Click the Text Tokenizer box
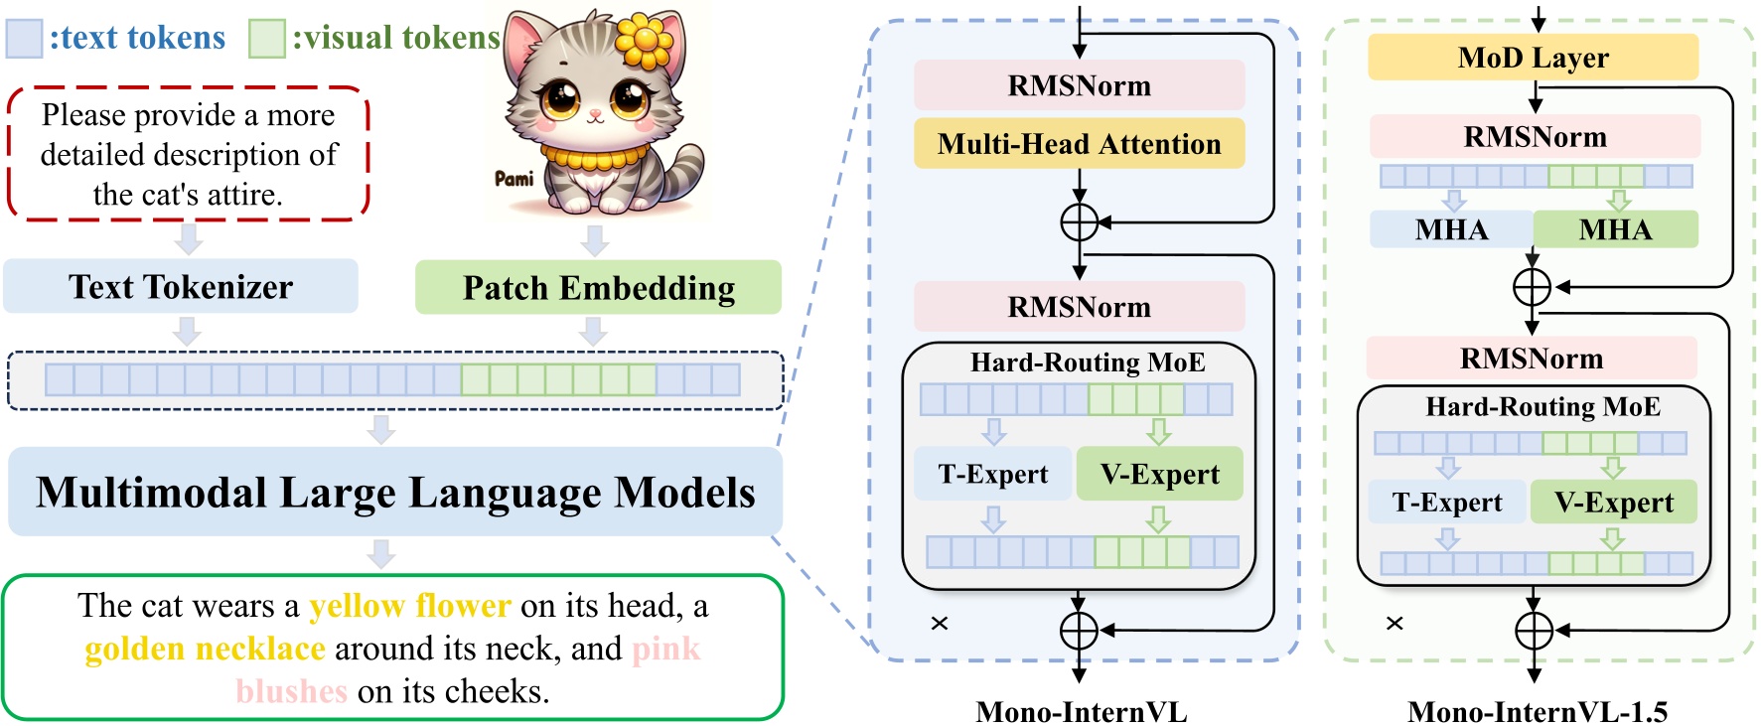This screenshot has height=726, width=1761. [x=180, y=287]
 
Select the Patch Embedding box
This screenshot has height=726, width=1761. [x=598, y=288]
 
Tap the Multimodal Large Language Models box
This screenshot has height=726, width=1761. [x=395, y=493]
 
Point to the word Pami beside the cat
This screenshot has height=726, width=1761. [x=514, y=179]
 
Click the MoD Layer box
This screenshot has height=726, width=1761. [x=1533, y=58]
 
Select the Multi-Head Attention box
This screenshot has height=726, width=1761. [x=1079, y=145]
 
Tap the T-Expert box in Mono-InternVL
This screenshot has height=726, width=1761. [x=992, y=475]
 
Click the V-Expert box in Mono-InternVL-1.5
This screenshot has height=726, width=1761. [x=1613, y=503]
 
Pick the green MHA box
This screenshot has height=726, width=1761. [x=1615, y=229]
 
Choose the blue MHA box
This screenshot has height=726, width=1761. [x=1451, y=229]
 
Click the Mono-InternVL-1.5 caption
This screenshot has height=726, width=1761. [x=1537, y=711]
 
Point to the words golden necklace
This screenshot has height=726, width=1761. [x=205, y=649]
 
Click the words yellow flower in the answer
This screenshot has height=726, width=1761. [x=409, y=606]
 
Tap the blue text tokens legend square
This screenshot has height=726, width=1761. [x=24, y=38]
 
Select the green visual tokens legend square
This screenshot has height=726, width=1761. [x=266, y=38]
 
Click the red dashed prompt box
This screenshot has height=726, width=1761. [x=188, y=154]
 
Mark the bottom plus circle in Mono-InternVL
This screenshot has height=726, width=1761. [x=1079, y=630]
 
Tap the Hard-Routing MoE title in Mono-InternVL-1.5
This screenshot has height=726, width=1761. [x=1542, y=407]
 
